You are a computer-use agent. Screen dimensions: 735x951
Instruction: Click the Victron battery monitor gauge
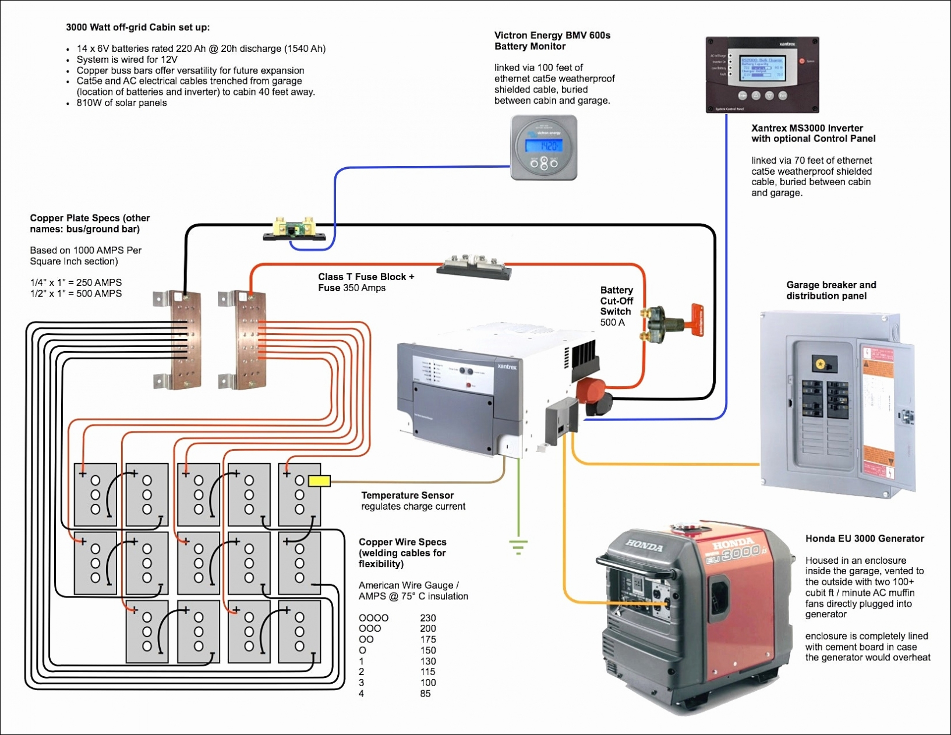tap(544, 147)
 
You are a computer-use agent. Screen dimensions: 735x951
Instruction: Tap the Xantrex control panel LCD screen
tap(762, 68)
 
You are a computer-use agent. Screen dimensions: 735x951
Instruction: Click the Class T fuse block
tap(474, 267)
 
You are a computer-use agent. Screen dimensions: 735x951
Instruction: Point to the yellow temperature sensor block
tap(319, 480)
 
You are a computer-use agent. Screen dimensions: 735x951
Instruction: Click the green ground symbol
tap(518, 547)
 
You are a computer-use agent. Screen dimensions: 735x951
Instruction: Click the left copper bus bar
tap(186, 340)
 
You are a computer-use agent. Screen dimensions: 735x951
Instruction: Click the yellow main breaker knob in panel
tap(821, 364)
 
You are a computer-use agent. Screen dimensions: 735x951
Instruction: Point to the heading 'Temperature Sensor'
tap(407, 495)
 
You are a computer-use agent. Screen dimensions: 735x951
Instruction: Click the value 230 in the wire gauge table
tap(428, 618)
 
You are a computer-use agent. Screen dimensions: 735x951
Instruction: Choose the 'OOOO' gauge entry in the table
tap(373, 618)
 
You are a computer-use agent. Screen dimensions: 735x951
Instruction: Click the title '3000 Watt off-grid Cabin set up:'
tap(137, 27)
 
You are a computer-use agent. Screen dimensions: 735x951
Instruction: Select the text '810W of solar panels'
tap(122, 103)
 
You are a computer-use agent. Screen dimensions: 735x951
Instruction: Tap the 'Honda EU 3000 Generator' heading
tap(864, 539)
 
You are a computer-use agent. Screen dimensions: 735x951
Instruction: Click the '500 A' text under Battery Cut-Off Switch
tap(612, 323)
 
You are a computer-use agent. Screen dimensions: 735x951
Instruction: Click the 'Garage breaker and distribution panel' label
tap(830, 290)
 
